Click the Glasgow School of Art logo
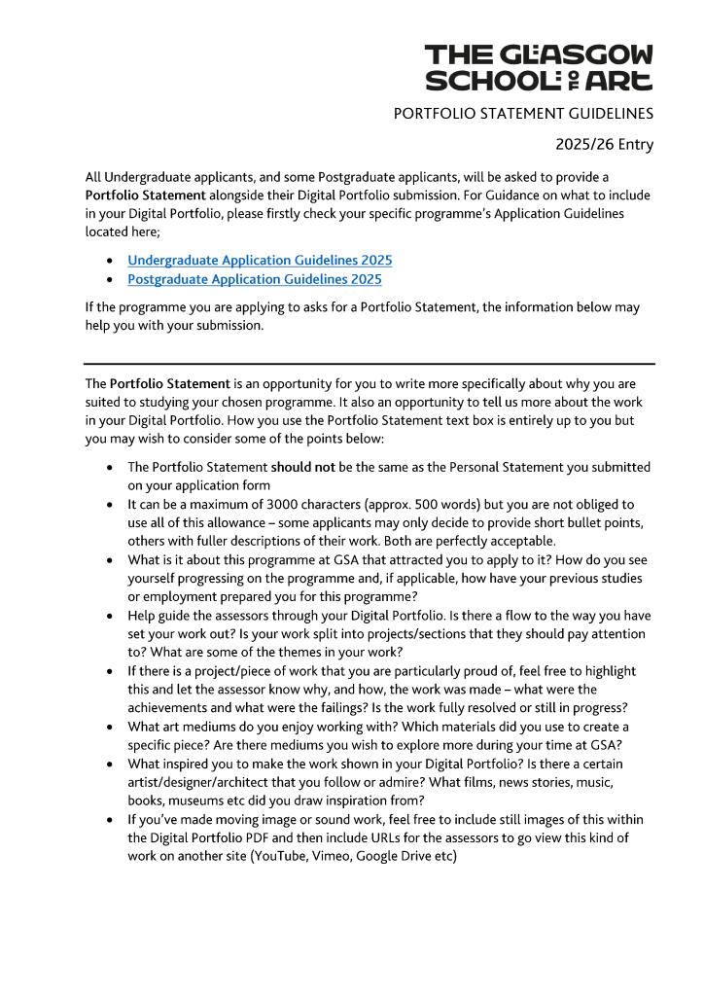[x=539, y=67]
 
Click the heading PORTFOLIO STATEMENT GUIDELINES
[x=523, y=114]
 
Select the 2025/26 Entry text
[x=604, y=145]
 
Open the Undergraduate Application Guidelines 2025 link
[x=260, y=261]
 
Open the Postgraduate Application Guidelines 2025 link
[x=254, y=279]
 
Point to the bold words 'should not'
[x=302, y=467]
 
